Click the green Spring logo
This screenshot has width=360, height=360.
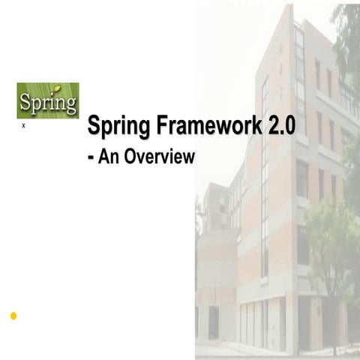click(x=47, y=100)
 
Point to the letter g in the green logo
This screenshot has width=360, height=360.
click(x=69, y=105)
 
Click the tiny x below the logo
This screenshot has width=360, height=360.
click(x=23, y=127)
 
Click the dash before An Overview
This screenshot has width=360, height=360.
click(x=91, y=158)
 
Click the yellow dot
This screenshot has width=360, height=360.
click(x=13, y=316)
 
